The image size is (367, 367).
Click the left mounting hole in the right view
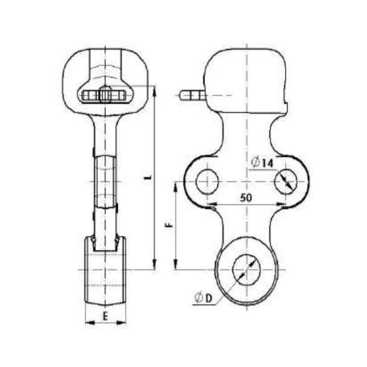(207, 181)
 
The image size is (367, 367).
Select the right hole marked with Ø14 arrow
(286, 181)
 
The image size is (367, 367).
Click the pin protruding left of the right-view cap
(192, 95)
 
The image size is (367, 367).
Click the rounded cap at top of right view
(246, 78)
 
